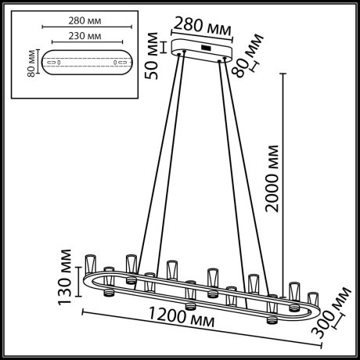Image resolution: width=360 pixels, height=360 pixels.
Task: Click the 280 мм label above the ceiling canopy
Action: (203, 26)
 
